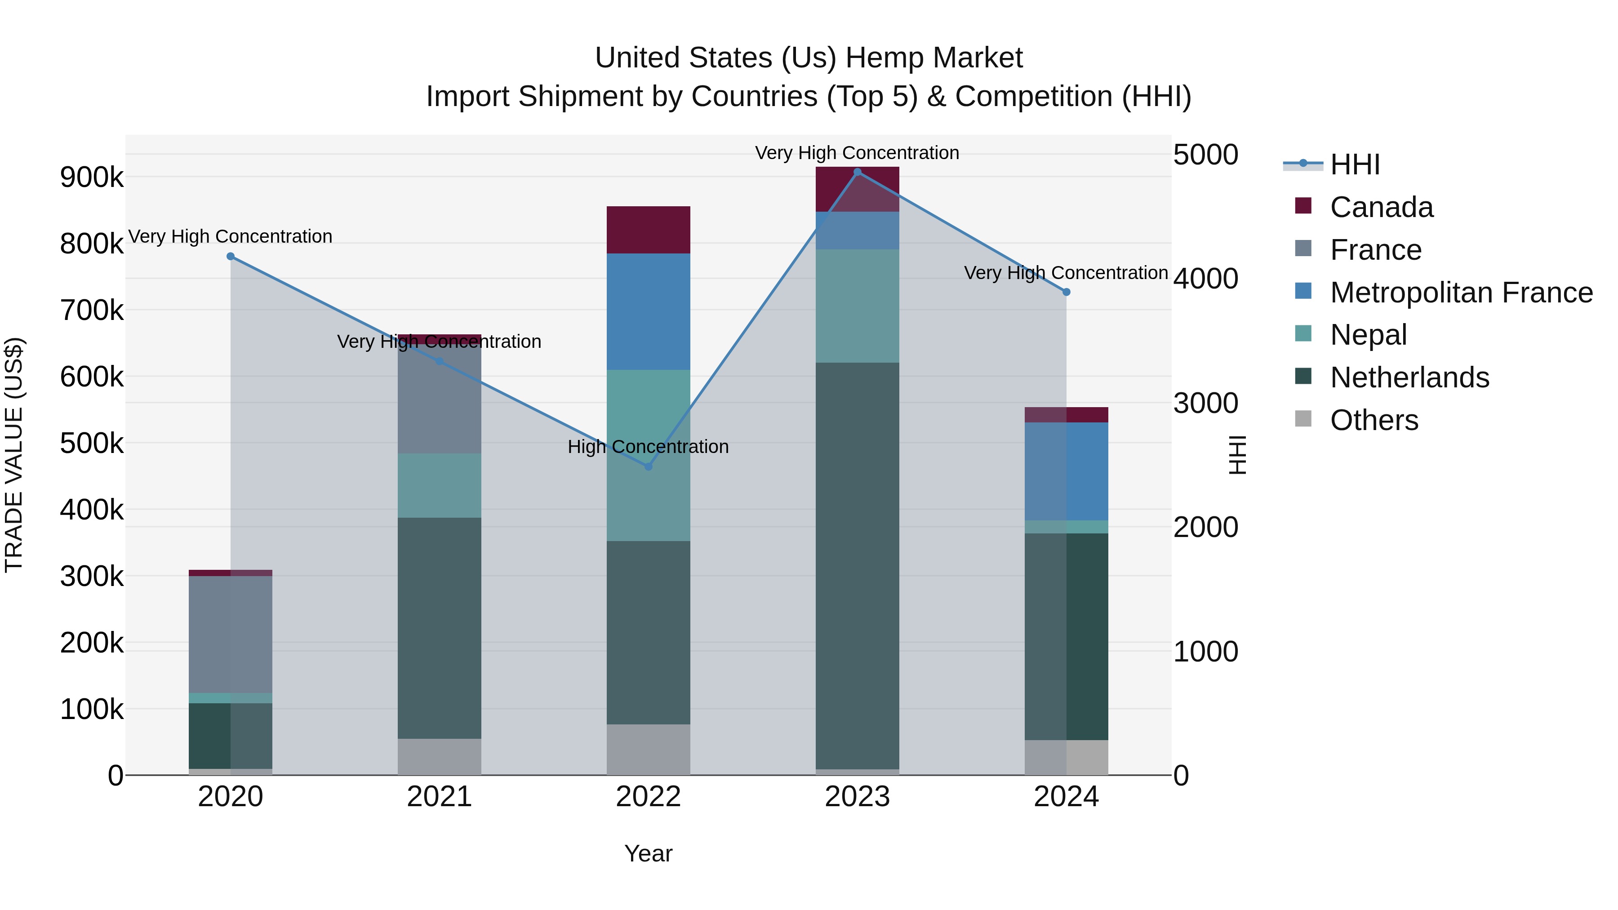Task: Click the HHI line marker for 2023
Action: point(858,172)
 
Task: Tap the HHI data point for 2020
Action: point(231,256)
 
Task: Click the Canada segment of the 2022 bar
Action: point(648,230)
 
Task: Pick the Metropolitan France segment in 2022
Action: point(648,311)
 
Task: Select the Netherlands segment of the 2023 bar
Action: point(858,565)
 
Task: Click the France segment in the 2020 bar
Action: point(231,634)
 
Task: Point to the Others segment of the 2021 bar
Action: point(439,756)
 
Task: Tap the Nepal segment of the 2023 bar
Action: point(858,306)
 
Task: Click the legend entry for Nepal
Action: point(1368,335)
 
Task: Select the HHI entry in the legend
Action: point(1355,164)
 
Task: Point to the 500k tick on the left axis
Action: point(92,444)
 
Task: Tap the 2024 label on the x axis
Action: point(1066,797)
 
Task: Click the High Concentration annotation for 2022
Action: point(648,447)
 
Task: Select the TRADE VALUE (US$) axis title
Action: point(14,455)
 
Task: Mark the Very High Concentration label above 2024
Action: point(1066,273)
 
